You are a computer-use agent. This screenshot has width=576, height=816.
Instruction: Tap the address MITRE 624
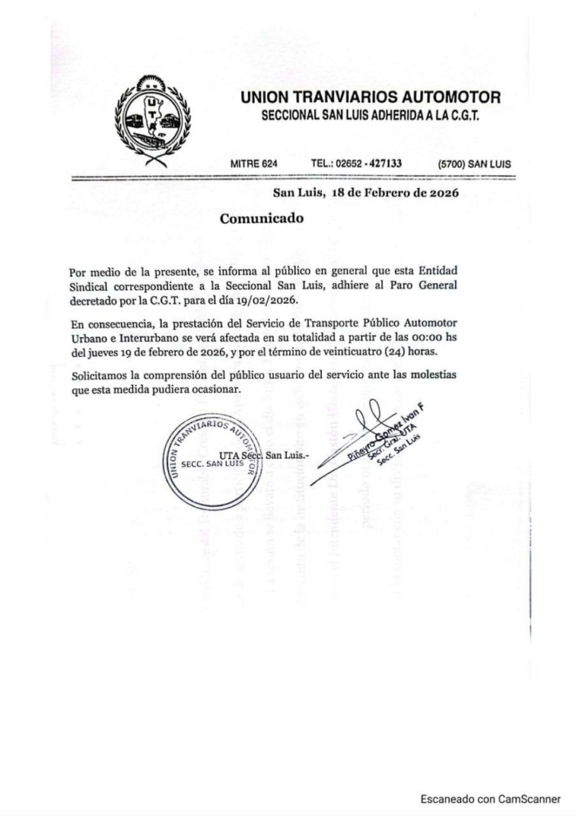253,163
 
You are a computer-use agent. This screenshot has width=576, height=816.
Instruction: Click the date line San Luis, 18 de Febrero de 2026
366,192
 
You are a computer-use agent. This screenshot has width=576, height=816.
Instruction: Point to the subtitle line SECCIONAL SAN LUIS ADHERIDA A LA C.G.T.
370,117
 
